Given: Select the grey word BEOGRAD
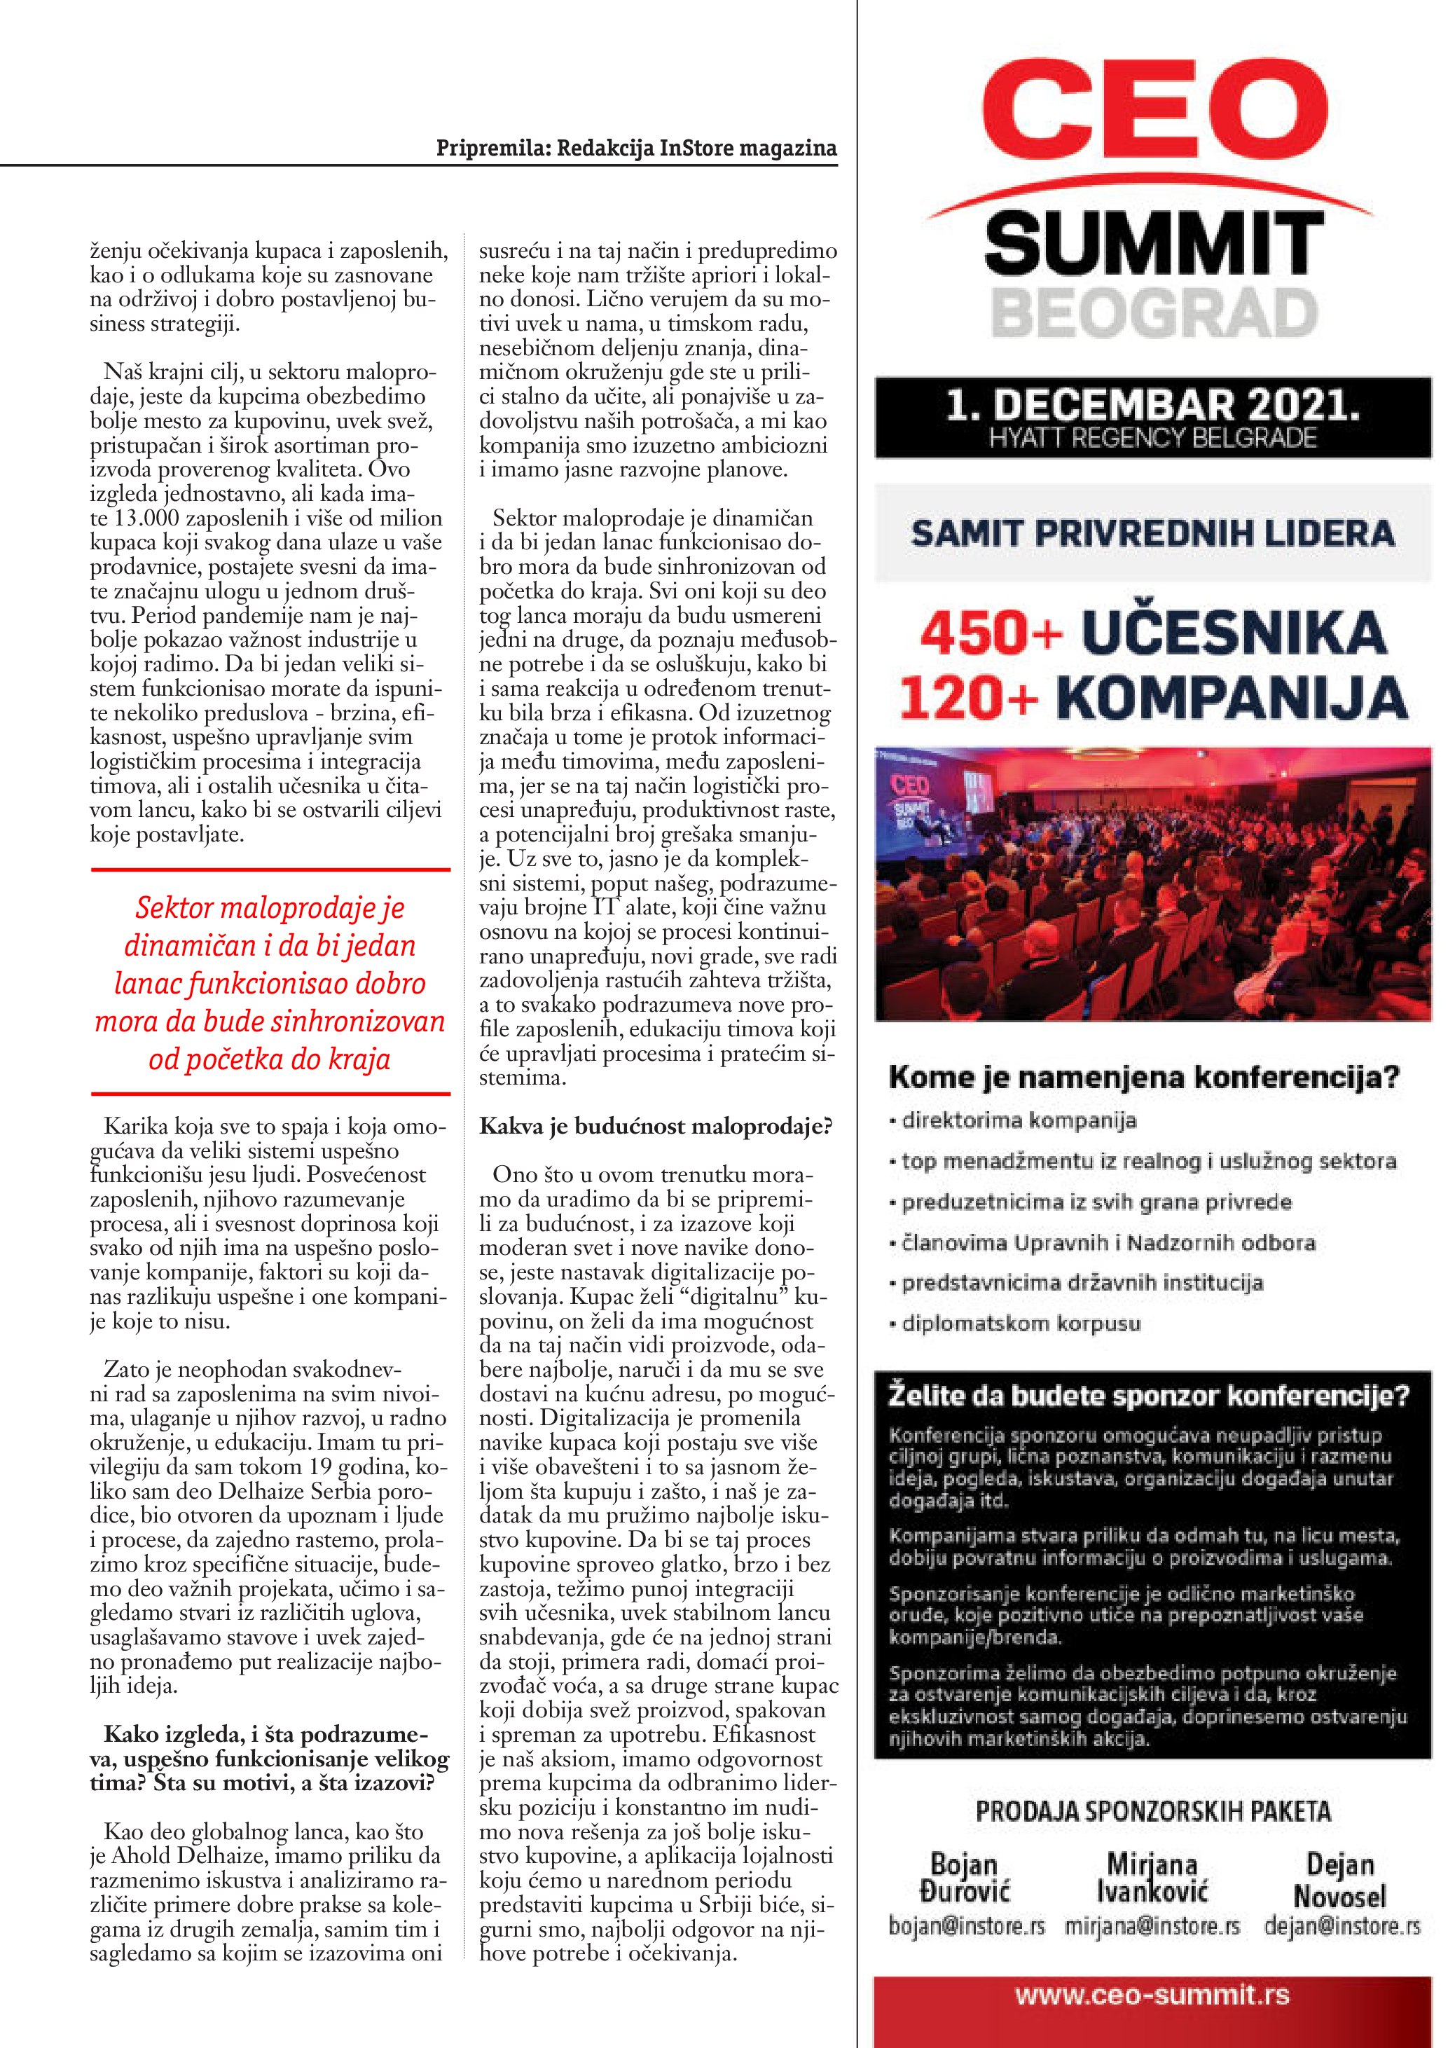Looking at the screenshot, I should pyautogui.click(x=1154, y=313).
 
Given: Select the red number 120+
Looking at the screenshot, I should pyautogui.click(x=968, y=698).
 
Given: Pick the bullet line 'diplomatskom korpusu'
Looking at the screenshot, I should pyautogui.click(x=1020, y=1324).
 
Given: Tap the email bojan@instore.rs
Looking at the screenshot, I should pyautogui.click(x=967, y=1927).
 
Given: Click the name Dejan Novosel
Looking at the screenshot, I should pyautogui.click(x=1340, y=1881).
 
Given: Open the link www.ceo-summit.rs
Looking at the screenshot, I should pyautogui.click(x=1153, y=1995).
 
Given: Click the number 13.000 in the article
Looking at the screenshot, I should pyautogui.click(x=146, y=518).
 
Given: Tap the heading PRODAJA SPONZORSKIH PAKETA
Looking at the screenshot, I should pyautogui.click(x=1153, y=1812).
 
